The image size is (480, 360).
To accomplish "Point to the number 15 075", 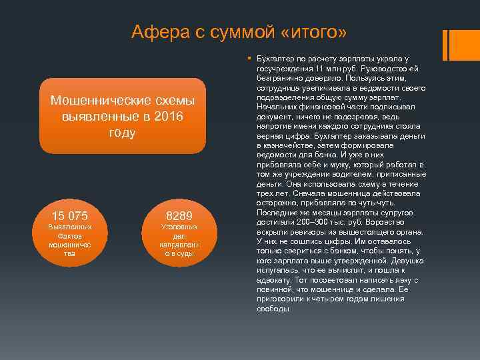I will click(x=70, y=215).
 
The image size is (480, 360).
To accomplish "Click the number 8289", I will click(x=179, y=215).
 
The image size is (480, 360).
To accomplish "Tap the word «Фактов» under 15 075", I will click(x=70, y=236).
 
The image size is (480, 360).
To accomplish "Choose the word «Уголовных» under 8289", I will click(x=179, y=227).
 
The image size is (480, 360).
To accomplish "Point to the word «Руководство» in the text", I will click(x=373, y=69).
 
